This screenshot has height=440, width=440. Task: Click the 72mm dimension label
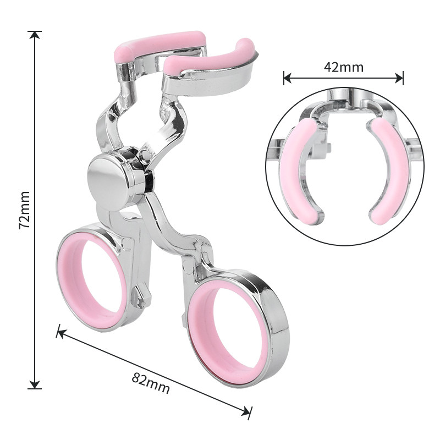24,210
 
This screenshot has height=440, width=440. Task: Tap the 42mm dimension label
343,67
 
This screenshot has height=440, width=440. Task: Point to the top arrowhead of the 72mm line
35,35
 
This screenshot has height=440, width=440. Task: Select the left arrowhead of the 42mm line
287,78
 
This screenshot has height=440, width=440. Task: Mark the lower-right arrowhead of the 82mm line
246,413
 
